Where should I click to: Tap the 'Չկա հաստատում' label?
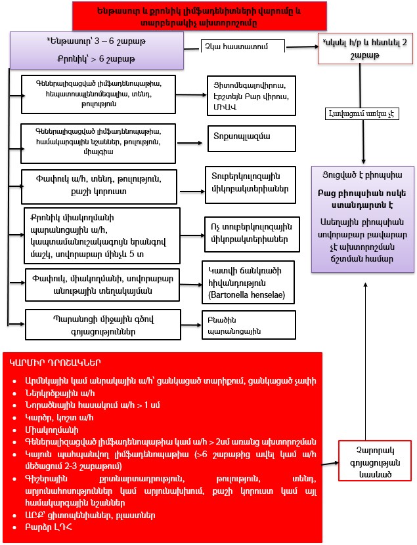[243, 46]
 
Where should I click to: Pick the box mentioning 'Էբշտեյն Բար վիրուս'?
[248, 96]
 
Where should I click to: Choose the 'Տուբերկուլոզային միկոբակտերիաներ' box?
[250, 182]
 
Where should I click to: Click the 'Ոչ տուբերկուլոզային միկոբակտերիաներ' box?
[250, 230]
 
